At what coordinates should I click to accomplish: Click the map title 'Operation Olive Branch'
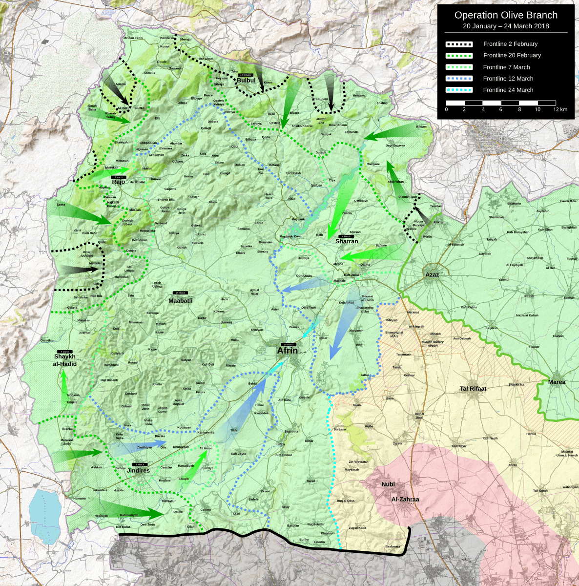(x=506, y=15)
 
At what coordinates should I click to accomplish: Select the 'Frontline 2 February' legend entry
(x=510, y=44)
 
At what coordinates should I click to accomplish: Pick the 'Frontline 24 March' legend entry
(x=508, y=90)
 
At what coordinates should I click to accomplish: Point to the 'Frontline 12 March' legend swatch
(x=458, y=79)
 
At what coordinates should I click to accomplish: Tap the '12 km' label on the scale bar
(x=560, y=109)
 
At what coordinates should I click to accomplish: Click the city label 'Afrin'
(x=287, y=351)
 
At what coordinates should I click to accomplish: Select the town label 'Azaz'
(x=432, y=274)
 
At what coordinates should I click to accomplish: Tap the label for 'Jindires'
(x=138, y=471)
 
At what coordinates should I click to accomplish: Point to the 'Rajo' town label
(x=119, y=182)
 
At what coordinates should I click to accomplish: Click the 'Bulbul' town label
(x=246, y=81)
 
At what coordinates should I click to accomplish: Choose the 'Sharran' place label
(x=347, y=241)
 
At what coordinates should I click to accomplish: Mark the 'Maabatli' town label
(x=180, y=301)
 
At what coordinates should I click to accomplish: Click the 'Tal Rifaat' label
(x=473, y=389)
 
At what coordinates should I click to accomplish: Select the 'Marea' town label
(x=557, y=382)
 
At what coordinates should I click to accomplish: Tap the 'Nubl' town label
(x=388, y=484)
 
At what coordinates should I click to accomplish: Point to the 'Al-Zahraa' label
(x=405, y=500)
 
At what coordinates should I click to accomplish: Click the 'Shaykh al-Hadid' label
(x=65, y=360)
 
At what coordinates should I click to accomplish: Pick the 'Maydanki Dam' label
(x=290, y=236)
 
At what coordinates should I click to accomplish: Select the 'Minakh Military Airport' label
(x=433, y=343)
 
